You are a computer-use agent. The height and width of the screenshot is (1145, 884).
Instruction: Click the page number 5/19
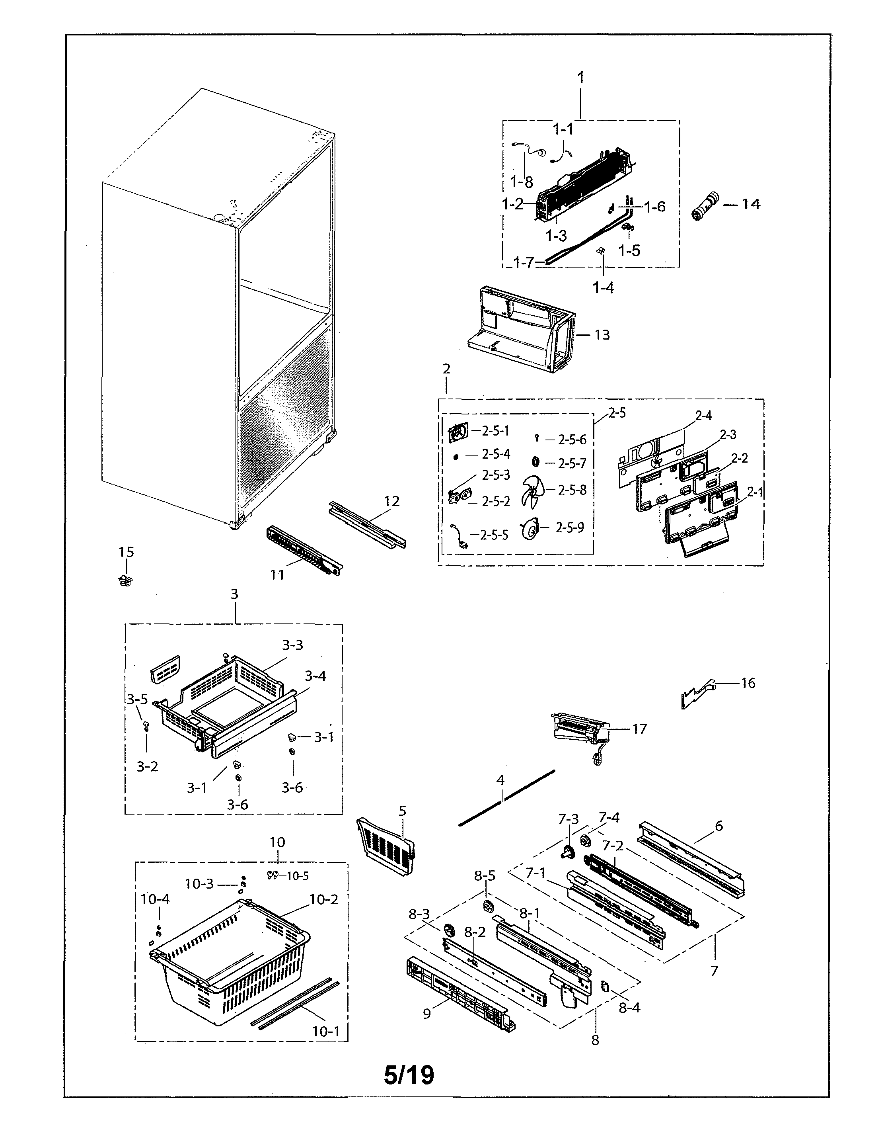(x=409, y=1075)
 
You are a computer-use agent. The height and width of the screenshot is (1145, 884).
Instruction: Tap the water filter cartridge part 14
(x=705, y=206)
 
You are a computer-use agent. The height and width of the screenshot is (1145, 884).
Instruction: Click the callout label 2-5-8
(x=572, y=490)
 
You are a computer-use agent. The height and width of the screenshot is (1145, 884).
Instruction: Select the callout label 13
(x=602, y=334)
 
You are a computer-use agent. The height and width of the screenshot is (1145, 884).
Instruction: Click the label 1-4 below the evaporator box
(x=603, y=287)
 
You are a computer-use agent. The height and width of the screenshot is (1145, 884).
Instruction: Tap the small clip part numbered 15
(x=125, y=580)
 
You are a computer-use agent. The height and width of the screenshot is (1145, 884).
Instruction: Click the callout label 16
(x=748, y=683)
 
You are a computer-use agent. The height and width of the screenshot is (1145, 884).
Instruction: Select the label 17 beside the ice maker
(x=639, y=728)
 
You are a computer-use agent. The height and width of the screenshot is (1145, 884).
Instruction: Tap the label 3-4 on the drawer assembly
(x=315, y=676)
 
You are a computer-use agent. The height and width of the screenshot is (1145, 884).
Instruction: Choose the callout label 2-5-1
(x=495, y=430)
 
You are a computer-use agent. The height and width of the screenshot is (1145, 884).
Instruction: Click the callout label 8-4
(x=629, y=1007)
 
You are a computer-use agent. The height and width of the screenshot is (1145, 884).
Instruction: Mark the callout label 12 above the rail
(x=391, y=501)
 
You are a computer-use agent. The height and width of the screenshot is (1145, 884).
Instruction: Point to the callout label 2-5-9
(x=570, y=528)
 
